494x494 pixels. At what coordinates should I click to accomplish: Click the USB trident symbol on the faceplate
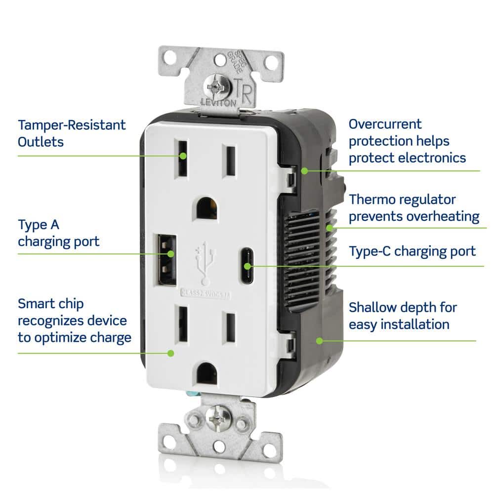click(204, 260)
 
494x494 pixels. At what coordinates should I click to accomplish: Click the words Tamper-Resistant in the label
click(72, 124)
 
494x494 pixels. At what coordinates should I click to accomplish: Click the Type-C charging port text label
click(412, 251)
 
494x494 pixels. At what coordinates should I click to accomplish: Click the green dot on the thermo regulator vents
click(329, 228)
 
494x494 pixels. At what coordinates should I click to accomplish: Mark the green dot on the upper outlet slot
click(183, 156)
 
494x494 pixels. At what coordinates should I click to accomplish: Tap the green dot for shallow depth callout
click(319, 340)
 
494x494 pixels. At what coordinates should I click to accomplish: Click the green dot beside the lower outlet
click(171, 353)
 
